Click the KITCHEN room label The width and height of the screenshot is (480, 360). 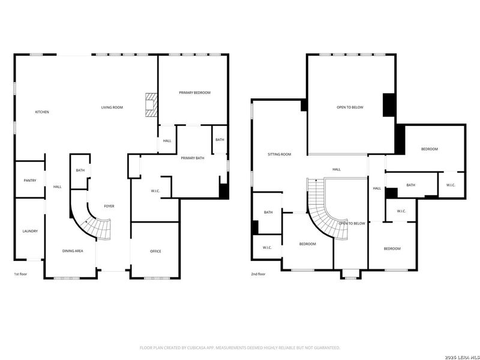[x=42, y=112]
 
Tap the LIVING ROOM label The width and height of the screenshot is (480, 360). [x=112, y=107]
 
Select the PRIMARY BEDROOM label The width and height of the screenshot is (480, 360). [x=194, y=92]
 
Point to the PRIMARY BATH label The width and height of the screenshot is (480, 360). [x=193, y=158]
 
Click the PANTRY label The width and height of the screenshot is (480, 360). [x=30, y=181]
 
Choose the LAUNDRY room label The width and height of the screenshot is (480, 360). [x=30, y=231]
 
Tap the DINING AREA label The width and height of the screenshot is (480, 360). [x=73, y=251]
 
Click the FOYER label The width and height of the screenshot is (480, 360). [x=109, y=206]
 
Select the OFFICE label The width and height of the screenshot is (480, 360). [x=155, y=251]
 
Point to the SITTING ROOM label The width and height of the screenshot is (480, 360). [x=279, y=154]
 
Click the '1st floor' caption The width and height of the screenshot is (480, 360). [x=21, y=274]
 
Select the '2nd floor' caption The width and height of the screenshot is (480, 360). [x=258, y=274]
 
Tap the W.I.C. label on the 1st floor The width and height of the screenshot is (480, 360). [x=155, y=191]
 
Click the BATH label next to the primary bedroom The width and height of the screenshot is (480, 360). [x=220, y=140]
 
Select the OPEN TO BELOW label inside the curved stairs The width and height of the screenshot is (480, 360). [x=352, y=223]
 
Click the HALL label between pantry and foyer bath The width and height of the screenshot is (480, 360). [x=58, y=187]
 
